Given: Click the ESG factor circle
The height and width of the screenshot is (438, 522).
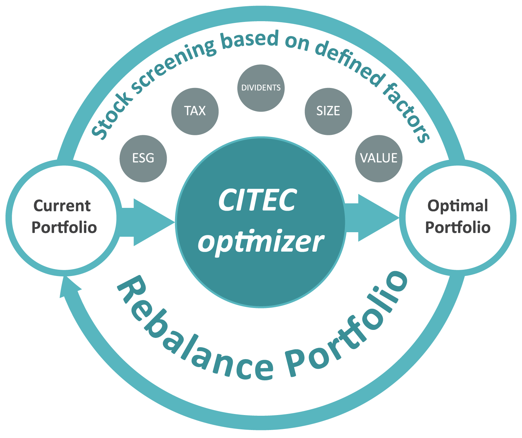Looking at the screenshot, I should pos(143,159).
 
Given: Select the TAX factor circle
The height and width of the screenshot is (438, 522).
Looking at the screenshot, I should pos(195,111).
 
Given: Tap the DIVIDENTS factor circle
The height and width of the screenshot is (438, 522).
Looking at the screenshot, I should pos(261,88).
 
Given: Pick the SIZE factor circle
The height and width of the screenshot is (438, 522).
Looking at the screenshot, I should pos(328,111).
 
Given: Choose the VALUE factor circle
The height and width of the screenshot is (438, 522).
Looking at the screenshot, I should pos(379,159).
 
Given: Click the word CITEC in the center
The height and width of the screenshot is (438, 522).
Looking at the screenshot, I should pos(258,201).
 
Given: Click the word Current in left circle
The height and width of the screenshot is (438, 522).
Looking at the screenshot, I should pos(62,206).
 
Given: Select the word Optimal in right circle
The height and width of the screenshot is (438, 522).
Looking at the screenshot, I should pos(458,206).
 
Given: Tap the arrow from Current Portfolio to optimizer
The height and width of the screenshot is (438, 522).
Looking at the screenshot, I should pos(148,222).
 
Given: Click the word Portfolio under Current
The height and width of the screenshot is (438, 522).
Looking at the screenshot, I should pos(64,228).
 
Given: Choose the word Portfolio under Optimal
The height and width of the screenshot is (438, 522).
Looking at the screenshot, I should pos(458,228).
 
